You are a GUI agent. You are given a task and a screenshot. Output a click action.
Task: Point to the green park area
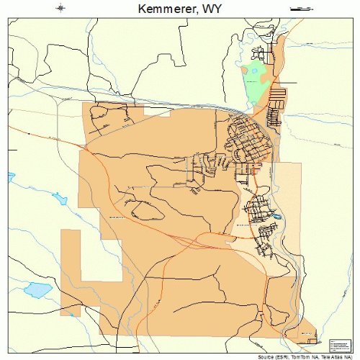point(254,80)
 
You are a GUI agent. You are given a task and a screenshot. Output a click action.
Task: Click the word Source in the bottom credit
point(264,356)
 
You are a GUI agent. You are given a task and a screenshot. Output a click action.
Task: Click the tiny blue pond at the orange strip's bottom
point(71,314)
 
